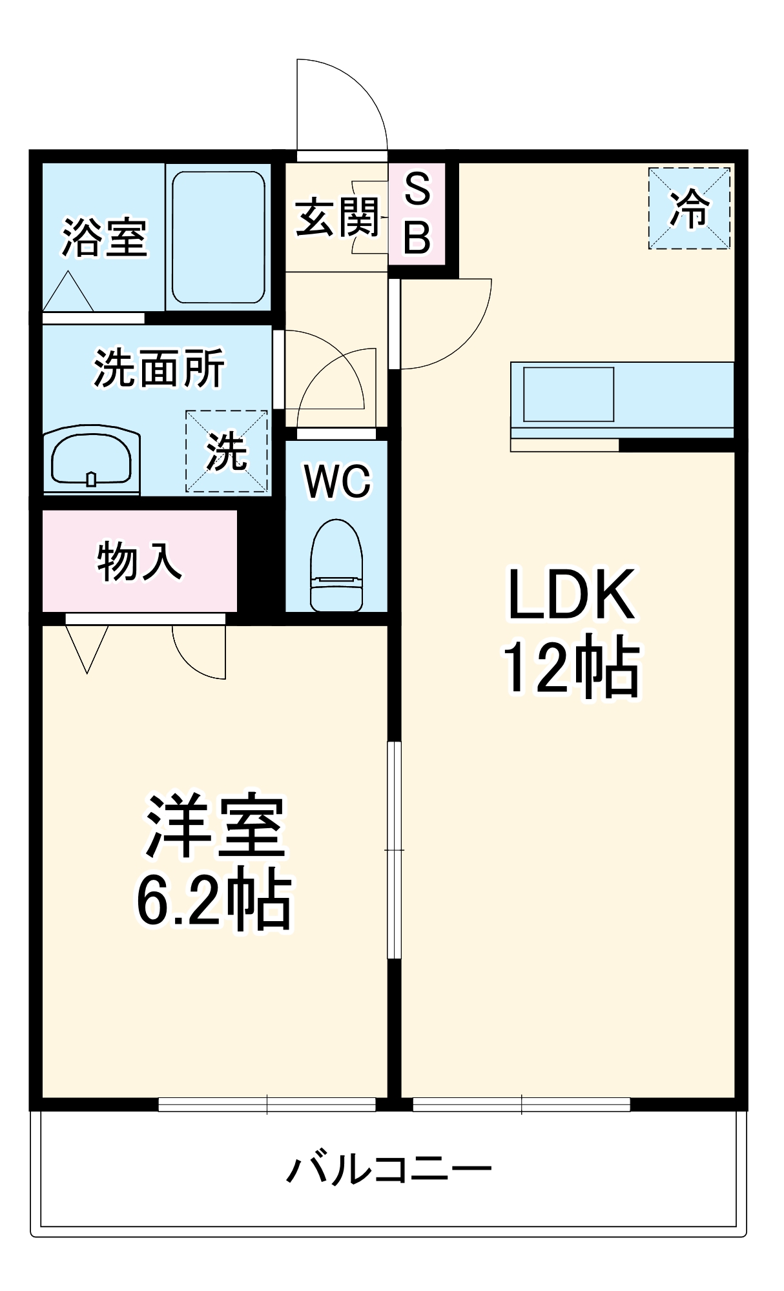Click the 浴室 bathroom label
(x=105, y=238)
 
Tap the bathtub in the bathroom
(x=218, y=237)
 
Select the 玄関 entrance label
(x=337, y=217)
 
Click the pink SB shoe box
(x=417, y=214)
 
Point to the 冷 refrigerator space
(x=689, y=208)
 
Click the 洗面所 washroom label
(x=159, y=369)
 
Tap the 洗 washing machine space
(x=227, y=451)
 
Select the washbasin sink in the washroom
(x=91, y=459)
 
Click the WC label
(x=338, y=481)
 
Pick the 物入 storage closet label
(x=139, y=561)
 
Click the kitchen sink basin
(x=568, y=394)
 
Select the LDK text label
(x=572, y=595)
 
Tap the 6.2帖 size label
(x=214, y=900)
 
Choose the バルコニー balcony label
(x=389, y=1169)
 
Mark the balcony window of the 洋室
(x=267, y=1104)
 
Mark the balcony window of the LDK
(x=521, y=1104)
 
